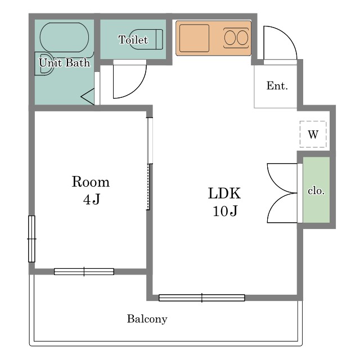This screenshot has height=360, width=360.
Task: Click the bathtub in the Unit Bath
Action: pos(64,38)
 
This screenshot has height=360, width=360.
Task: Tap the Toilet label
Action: pos(133,40)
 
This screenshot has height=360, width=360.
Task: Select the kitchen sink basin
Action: pos(194,38)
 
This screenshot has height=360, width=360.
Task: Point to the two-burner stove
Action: pos(236,38)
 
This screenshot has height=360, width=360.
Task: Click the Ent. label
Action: pos(277,86)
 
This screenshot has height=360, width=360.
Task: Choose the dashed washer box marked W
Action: pos(313,134)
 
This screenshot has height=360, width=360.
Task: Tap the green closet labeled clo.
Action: pos(316,190)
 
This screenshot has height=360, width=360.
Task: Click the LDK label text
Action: pos(224,193)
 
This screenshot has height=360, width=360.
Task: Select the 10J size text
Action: pos(225,211)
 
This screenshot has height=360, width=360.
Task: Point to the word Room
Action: pos(91,182)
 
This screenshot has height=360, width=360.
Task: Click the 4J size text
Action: pos(91,199)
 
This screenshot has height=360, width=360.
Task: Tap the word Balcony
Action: pos(147,319)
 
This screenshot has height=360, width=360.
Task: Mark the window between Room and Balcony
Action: pos(84,272)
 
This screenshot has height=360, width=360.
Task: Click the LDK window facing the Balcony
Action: pos(201,298)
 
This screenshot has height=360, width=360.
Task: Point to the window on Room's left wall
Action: pos(31,238)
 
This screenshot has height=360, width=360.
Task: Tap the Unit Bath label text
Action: pos(65,62)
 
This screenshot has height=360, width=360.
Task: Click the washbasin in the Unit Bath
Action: pos(44,64)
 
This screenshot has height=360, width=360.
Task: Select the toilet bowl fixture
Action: pos(146,39)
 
